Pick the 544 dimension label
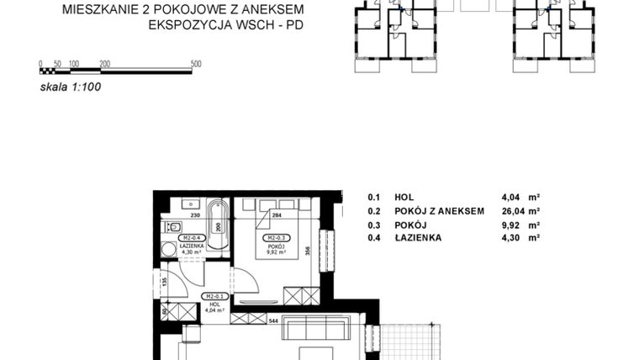click(273, 320)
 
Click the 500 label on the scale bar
click(196, 64)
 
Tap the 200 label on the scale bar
click(105, 64)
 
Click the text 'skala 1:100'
click(70, 86)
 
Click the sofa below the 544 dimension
click(317, 329)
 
